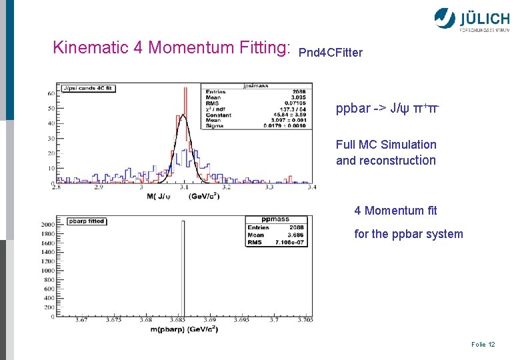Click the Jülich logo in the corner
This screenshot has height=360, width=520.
[x=471, y=19]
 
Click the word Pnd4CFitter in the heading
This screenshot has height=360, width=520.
[x=331, y=53]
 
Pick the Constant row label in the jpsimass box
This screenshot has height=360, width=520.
[x=218, y=115]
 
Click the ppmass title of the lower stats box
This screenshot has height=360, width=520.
[x=275, y=218]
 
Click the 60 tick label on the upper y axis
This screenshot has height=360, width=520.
[x=51, y=93]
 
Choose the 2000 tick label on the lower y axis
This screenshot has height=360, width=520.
[x=47, y=225]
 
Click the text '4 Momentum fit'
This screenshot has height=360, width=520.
[x=395, y=211]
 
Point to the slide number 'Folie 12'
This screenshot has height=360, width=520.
[x=483, y=344]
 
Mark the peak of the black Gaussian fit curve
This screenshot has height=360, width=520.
[x=182, y=116]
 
